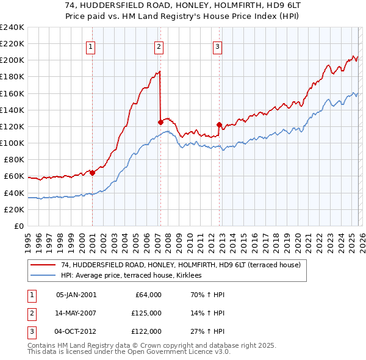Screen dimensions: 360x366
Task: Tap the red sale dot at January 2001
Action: pyautogui.click(x=92, y=173)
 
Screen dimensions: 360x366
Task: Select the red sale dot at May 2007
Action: pyautogui.click(x=160, y=122)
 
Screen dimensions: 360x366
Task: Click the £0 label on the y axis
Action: pyautogui.click(x=19, y=226)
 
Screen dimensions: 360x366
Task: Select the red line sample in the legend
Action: pyautogui.click(x=44, y=265)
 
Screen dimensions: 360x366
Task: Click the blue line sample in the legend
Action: pyautogui.click(x=44, y=276)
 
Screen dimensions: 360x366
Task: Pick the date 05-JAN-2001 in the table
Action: pyautogui.click(x=76, y=295)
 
